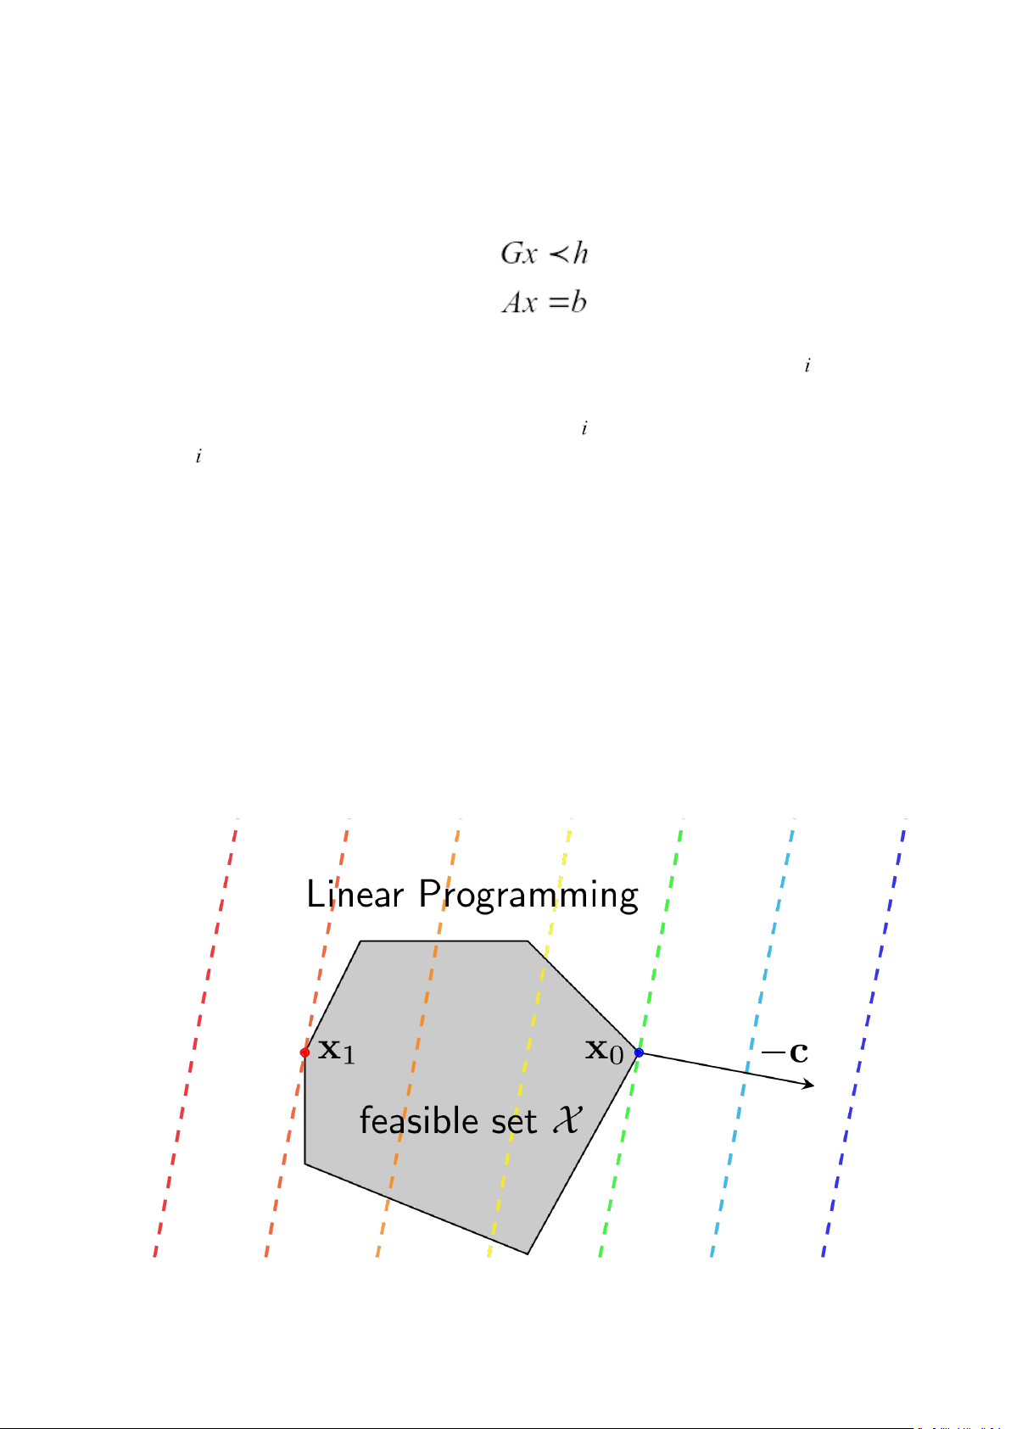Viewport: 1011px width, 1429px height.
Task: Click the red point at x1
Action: pos(305,1052)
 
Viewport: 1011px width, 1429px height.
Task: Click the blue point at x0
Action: pos(639,1052)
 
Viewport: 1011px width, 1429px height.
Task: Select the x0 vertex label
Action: pos(605,1052)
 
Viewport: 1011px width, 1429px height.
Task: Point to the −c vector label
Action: pos(785,1053)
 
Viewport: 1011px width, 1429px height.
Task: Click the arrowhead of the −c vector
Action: pos(809,1085)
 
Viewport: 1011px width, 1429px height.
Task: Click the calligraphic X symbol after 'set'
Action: pos(567,1120)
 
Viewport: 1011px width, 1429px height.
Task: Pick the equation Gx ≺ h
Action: pos(545,253)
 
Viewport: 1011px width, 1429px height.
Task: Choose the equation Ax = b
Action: pos(545,303)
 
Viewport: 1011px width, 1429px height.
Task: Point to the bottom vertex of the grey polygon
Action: pos(528,1252)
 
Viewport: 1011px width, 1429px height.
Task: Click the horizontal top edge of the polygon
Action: pos(444,941)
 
